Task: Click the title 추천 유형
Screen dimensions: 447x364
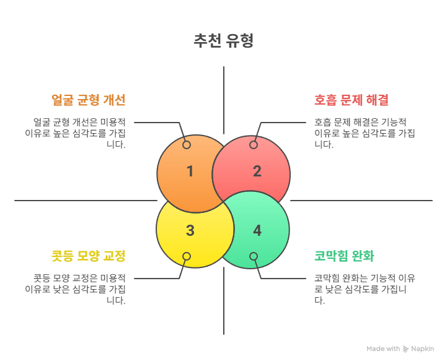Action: pos(223,41)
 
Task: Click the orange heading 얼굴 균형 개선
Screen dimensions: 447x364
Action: pos(89,100)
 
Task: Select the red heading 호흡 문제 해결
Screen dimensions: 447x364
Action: pos(351,100)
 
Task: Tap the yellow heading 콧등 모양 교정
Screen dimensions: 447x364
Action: pos(89,256)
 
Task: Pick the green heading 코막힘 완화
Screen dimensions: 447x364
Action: pos(344,256)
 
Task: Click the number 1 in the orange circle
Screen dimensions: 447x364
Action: pos(190,171)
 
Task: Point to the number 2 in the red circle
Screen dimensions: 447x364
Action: pos(257,171)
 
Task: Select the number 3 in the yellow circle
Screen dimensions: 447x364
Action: pos(190,230)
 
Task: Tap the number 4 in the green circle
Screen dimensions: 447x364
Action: pos(257,230)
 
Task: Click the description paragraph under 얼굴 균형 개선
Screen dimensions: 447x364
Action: pos(75,133)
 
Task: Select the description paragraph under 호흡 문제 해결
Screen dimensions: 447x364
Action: pos(365,133)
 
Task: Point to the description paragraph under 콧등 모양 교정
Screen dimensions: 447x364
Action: pos(75,289)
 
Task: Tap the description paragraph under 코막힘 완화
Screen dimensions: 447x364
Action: pos(365,289)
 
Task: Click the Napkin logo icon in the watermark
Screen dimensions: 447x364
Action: pos(405,349)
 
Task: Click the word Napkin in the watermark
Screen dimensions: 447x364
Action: pos(422,349)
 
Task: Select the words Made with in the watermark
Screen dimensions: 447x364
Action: pos(383,349)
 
